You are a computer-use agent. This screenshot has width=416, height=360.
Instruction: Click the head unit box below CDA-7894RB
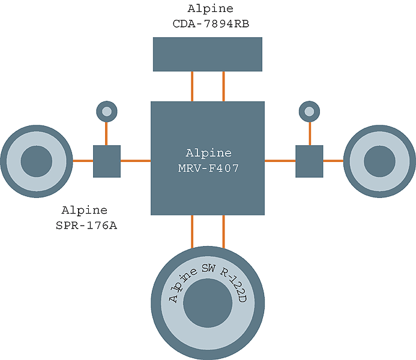(207, 54)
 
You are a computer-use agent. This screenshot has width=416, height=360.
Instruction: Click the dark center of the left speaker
(37, 161)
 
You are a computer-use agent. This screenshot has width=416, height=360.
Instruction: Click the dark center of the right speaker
(379, 161)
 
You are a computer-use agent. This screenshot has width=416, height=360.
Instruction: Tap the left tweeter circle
(106, 111)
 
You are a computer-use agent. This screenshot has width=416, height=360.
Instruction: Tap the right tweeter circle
(309, 111)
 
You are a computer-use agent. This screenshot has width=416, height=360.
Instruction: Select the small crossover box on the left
(107, 161)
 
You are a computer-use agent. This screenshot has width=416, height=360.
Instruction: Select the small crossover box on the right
(309, 161)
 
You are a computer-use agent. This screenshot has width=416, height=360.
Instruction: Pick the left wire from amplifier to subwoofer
(192, 230)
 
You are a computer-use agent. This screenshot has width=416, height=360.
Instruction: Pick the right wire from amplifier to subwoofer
(223, 230)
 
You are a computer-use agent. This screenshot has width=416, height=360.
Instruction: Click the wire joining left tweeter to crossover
(106, 133)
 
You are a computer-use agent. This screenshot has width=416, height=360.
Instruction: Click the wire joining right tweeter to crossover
(309, 133)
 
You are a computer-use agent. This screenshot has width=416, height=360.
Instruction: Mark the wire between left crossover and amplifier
(135, 161)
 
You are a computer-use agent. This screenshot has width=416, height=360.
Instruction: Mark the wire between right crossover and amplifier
(280, 161)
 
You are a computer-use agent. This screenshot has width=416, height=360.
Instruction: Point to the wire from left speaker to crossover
(83, 161)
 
